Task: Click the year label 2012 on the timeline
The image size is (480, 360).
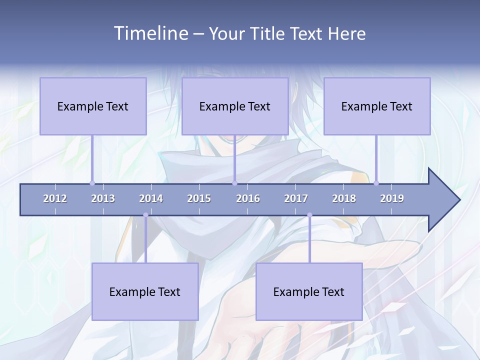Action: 55,198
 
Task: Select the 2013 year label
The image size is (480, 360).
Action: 103,198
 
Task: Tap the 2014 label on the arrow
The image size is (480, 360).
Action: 151,198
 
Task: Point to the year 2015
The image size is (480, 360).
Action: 199,198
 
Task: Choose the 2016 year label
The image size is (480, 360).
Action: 248,198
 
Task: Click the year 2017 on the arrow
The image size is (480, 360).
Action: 296,198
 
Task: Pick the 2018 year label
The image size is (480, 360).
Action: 344,198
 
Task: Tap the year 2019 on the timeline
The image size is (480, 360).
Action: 392,198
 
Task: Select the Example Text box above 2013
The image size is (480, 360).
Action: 93,106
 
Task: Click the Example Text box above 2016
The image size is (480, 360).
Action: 235,106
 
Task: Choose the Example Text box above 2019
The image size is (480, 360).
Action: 377,106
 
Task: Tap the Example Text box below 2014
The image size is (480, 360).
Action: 145,291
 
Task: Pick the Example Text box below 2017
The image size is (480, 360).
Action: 309,291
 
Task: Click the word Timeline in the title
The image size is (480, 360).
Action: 149,33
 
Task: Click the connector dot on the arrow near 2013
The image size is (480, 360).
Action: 92,183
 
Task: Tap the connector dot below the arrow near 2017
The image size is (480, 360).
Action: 309,215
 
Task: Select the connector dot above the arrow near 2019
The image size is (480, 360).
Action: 376,183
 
